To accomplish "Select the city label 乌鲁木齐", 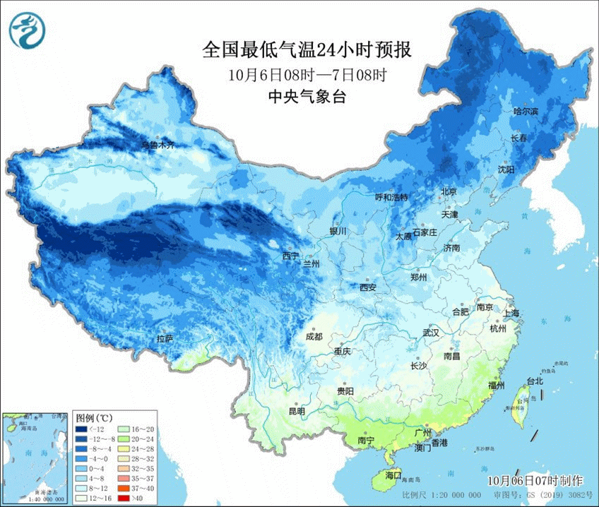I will click(157, 145).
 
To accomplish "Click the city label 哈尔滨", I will click(526, 112).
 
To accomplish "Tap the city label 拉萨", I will click(165, 340).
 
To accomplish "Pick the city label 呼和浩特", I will click(391, 198).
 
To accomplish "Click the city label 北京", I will click(449, 192).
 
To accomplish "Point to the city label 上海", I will click(511, 312).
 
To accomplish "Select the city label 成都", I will click(314, 337).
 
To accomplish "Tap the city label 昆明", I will click(297, 411).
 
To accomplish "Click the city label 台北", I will click(535, 381).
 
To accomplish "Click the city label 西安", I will click(368, 287).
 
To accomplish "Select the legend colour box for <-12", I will click(82, 429).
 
